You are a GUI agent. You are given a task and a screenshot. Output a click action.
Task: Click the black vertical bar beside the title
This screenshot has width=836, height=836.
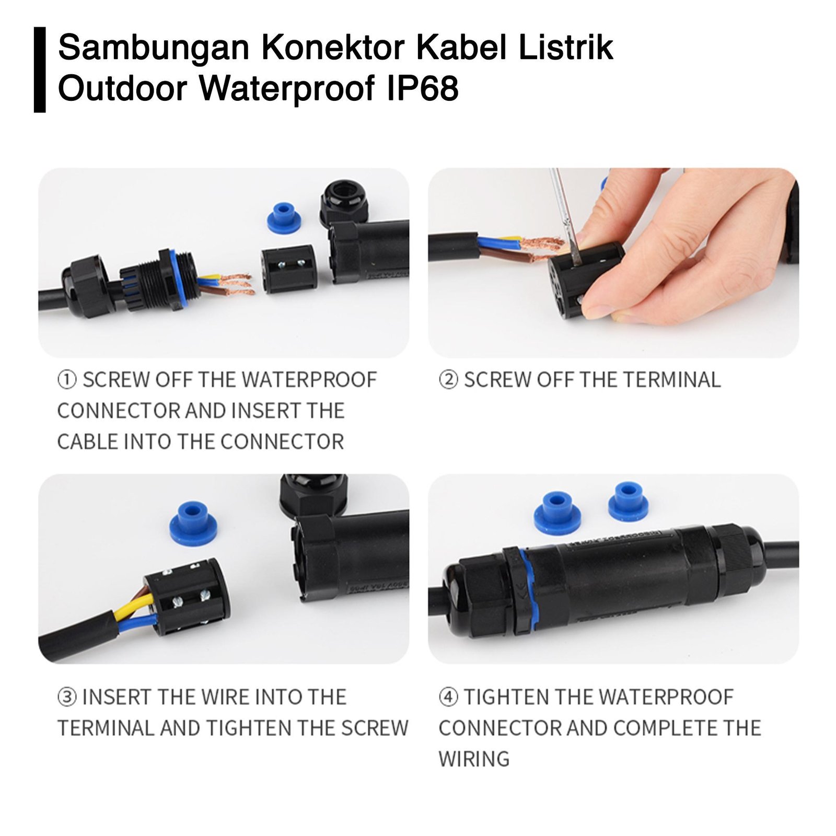click(40, 69)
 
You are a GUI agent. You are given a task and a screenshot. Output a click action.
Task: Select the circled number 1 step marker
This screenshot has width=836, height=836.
click(67, 380)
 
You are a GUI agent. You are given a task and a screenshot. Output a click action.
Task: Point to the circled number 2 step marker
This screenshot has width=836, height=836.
click(448, 380)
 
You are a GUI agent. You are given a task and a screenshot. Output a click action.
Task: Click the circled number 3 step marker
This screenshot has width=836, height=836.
click(67, 697)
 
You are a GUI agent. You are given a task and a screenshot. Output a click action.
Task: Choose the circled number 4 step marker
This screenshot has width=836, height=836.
click(448, 697)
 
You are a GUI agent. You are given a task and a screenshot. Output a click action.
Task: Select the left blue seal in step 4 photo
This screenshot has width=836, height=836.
click(557, 513)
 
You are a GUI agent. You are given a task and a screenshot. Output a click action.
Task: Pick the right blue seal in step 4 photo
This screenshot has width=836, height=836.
click(628, 502)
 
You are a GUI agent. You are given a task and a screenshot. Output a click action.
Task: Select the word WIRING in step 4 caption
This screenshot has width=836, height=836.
click(474, 759)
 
